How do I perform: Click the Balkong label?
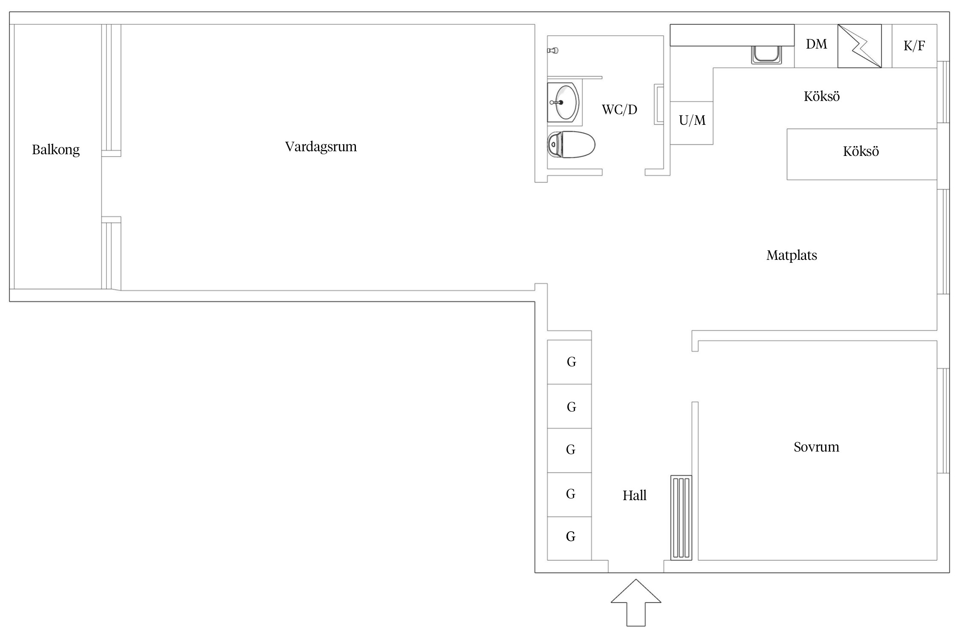(x=56, y=150)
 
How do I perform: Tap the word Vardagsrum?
(x=321, y=147)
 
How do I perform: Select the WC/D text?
(x=619, y=110)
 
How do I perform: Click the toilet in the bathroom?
(x=571, y=145)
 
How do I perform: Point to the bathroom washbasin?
(x=564, y=103)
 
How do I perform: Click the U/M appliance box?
(x=691, y=123)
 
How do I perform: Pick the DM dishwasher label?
(x=816, y=44)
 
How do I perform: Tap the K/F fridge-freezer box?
(x=914, y=46)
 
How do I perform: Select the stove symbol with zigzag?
(x=859, y=46)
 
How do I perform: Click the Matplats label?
(x=791, y=256)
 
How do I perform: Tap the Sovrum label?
(x=816, y=447)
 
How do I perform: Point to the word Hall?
(x=634, y=495)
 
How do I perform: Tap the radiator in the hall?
(x=681, y=518)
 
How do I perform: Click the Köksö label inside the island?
(x=861, y=152)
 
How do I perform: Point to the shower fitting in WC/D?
(x=553, y=51)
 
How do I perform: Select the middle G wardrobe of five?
(x=570, y=450)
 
